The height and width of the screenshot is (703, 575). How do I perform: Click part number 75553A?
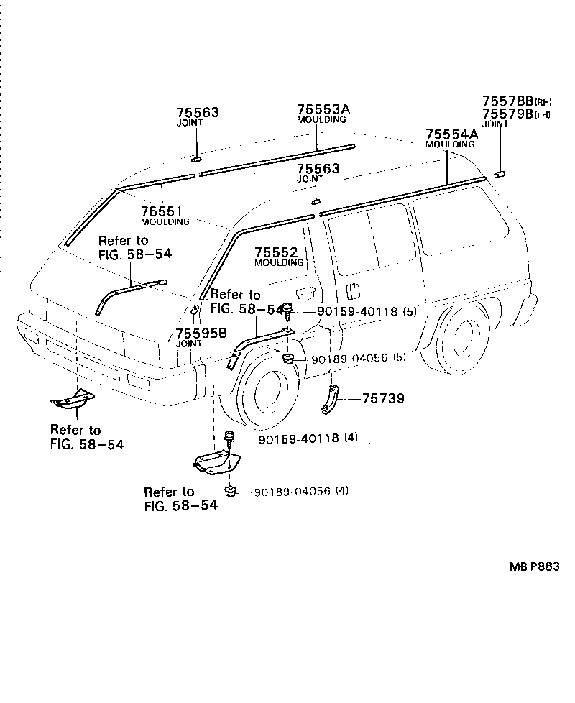pyautogui.click(x=323, y=109)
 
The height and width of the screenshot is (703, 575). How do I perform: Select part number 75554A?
pyautogui.click(x=451, y=134)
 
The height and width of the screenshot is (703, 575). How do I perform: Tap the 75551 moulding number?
pyautogui.click(x=162, y=211)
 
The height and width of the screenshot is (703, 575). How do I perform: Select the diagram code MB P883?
pyautogui.click(x=534, y=566)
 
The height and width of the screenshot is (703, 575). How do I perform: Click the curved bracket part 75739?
pyautogui.click(x=331, y=400)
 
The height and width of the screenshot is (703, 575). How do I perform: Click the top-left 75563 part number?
pyautogui.click(x=198, y=113)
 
